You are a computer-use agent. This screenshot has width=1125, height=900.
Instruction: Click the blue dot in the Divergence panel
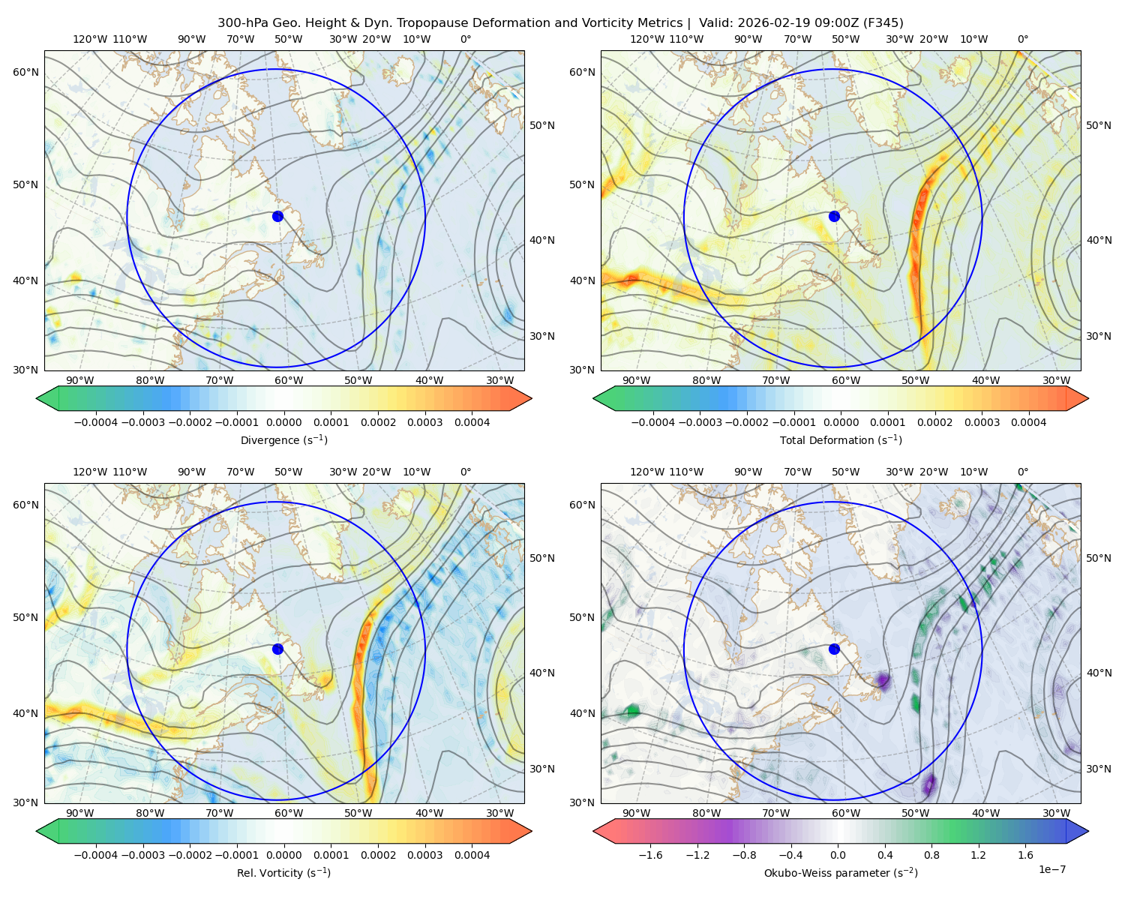click(277, 216)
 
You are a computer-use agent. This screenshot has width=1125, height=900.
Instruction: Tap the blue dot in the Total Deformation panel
click(834, 216)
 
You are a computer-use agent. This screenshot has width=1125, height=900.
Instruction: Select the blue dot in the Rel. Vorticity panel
click(277, 649)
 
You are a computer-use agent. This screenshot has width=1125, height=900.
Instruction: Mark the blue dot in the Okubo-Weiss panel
click(834, 649)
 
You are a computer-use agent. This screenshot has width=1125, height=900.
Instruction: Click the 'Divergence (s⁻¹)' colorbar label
click(283, 440)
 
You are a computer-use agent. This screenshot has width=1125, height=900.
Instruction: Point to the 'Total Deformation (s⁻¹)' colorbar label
click(841, 440)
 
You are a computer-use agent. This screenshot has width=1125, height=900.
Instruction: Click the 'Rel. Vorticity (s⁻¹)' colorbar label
click(283, 873)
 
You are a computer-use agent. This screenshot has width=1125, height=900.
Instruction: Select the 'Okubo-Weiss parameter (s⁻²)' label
click(841, 873)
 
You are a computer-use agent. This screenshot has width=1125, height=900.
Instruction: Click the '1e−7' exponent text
click(1052, 869)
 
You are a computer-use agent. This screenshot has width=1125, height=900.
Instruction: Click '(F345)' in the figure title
click(885, 23)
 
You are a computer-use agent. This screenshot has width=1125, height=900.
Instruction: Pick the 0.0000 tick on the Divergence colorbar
click(283, 422)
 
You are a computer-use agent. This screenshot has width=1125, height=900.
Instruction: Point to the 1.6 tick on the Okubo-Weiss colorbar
click(1025, 855)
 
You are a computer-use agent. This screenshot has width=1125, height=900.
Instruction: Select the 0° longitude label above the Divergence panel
click(466, 39)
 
